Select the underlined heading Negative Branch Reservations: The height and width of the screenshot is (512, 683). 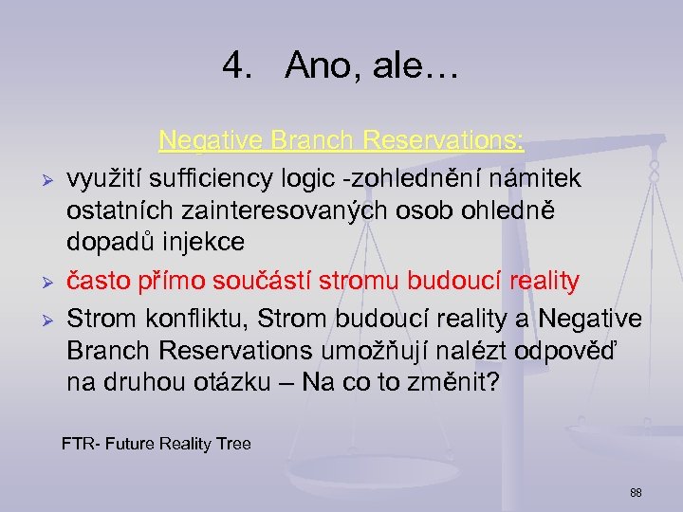(x=341, y=141)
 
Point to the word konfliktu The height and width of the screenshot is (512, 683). (x=178, y=316)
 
